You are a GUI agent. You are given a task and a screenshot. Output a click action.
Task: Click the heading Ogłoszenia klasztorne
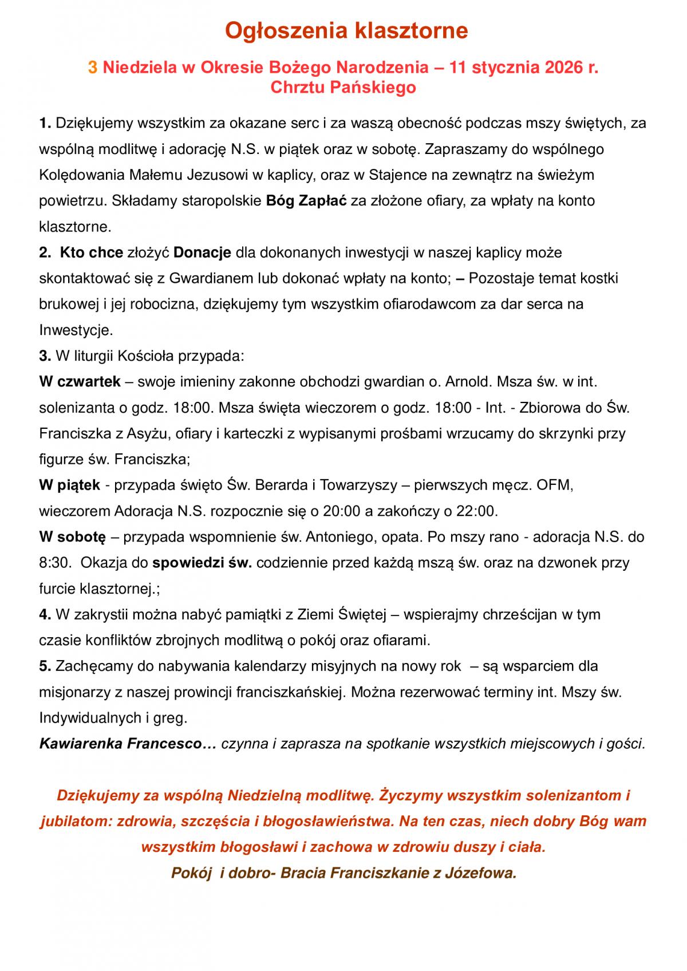(346, 31)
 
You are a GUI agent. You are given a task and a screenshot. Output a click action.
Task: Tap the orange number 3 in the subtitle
(93, 68)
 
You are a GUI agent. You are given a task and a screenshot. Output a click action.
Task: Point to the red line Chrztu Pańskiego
(343, 88)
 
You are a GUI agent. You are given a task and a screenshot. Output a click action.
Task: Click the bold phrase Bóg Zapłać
(307, 201)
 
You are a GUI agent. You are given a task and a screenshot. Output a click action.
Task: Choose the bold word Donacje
(202, 252)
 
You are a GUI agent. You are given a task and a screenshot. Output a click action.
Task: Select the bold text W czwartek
(80, 381)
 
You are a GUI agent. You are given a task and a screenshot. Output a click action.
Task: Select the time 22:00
(478, 511)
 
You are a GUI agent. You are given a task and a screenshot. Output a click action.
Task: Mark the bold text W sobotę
(73, 537)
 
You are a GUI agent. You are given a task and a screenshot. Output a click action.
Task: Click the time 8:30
(52, 563)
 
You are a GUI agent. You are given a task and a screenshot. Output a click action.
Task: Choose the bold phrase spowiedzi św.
(202, 563)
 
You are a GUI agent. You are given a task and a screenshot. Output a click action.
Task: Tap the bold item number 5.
(45, 666)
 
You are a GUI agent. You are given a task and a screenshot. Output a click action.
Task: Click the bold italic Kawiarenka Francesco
(121, 744)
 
